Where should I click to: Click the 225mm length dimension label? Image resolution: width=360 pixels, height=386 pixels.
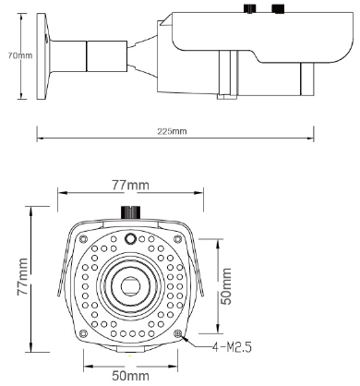coord(172,131)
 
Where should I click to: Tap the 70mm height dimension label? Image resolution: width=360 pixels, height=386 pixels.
coord(20,55)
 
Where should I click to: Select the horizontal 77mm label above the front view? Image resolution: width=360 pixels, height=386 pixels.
coord(130,186)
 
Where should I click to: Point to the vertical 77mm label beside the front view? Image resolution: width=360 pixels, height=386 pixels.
coord(22,277)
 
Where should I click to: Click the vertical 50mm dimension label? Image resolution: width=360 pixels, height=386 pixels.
coord(226,286)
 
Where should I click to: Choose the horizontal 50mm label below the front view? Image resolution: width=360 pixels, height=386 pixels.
coord(130,376)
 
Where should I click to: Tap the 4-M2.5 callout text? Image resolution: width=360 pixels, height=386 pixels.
coord(233,347)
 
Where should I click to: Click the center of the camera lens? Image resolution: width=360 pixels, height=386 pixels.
coord(130,286)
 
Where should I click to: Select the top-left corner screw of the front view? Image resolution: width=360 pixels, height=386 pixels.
coord(83,239)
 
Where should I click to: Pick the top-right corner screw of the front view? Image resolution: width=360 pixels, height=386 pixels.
coord(177,239)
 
